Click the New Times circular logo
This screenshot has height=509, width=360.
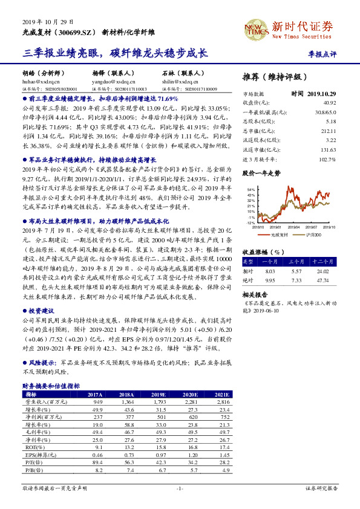point(255,27)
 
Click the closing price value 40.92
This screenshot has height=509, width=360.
point(329,102)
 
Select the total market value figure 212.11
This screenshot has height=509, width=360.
point(327,131)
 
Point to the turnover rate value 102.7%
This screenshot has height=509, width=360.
point(327,159)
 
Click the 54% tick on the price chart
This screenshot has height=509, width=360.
point(251,189)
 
